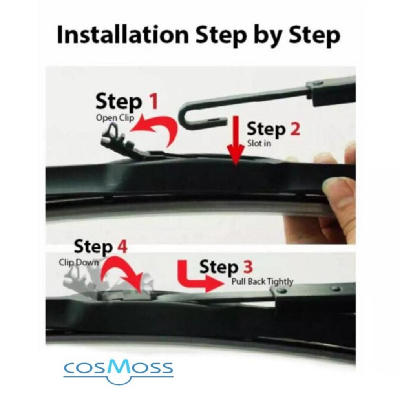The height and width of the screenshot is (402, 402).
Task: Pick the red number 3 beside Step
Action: [x=247, y=267]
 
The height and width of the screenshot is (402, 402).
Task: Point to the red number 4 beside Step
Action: [x=122, y=246]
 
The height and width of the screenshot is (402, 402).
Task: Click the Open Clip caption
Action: [x=115, y=118]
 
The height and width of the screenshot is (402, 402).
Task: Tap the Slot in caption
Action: [x=259, y=143]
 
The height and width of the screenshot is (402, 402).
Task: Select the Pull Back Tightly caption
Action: [x=262, y=281]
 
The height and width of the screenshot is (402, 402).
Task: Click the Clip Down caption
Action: [x=79, y=263]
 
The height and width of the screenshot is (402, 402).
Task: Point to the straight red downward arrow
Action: [x=236, y=141]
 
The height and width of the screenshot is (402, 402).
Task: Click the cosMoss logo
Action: [x=118, y=369]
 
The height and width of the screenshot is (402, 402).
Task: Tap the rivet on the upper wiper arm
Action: [x=319, y=83]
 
